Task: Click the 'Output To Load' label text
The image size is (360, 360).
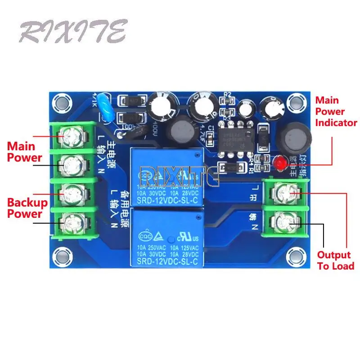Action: pos(335,260)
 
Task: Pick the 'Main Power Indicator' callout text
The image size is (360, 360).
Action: pos(336,111)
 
